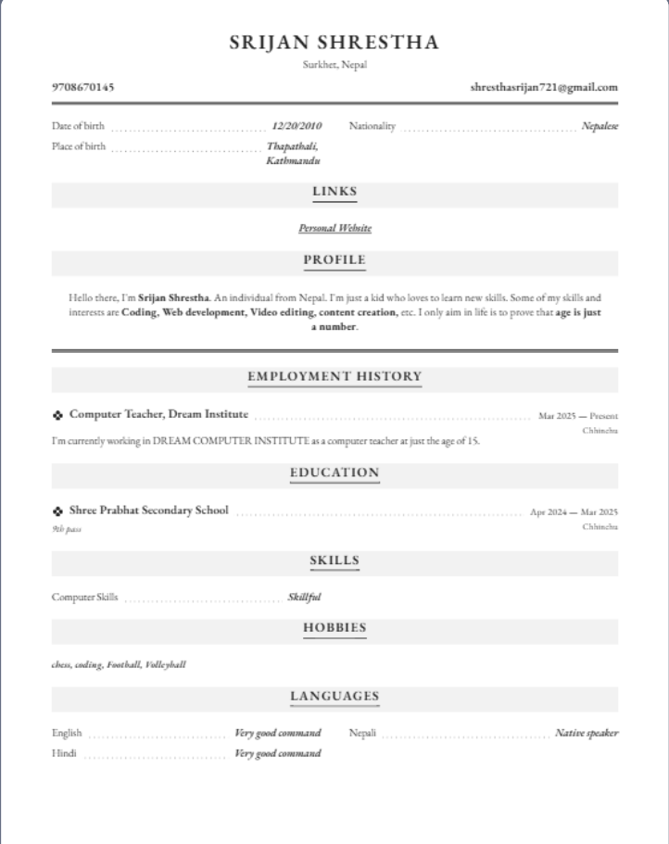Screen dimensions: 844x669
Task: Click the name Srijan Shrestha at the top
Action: click(334, 43)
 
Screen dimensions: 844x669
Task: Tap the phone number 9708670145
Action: click(83, 88)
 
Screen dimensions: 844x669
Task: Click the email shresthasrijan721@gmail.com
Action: click(544, 88)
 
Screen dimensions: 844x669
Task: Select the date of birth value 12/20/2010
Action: click(297, 126)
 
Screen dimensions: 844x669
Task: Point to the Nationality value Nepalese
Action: click(600, 126)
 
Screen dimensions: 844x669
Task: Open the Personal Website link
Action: click(334, 228)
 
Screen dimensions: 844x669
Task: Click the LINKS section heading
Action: click(334, 193)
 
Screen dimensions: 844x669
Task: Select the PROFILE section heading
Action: click(334, 260)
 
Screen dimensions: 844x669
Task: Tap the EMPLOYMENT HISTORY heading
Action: click(334, 377)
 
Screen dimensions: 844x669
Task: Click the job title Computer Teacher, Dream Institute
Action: click(158, 414)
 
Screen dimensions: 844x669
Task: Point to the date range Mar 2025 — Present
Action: click(578, 416)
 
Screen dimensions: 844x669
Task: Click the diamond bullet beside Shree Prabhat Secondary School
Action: click(57, 511)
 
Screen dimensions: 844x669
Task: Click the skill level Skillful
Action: click(304, 598)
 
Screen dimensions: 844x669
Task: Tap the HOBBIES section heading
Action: click(334, 628)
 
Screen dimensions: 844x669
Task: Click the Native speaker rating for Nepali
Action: click(587, 734)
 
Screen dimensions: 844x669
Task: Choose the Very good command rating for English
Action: click(278, 734)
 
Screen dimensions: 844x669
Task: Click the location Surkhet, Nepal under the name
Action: click(334, 65)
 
